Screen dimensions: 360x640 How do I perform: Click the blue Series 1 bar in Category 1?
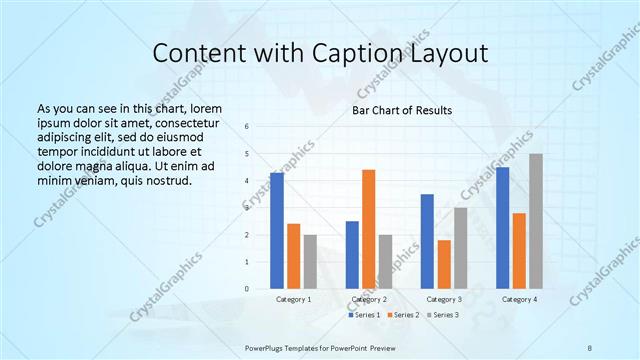click(x=277, y=231)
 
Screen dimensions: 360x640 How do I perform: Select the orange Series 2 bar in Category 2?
click(x=369, y=229)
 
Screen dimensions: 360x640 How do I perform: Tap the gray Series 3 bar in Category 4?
click(x=536, y=221)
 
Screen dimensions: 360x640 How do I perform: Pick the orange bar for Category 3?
click(x=444, y=264)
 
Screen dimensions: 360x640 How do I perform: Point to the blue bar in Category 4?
click(x=503, y=228)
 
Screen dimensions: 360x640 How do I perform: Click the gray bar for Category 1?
click(x=311, y=262)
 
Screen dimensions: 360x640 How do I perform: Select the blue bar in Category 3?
click(x=427, y=241)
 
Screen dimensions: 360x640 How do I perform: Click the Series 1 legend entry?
click(x=364, y=315)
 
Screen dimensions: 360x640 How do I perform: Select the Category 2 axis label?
click(x=369, y=299)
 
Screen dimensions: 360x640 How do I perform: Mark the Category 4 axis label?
click(x=519, y=299)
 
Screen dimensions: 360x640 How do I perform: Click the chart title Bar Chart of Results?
click(x=403, y=110)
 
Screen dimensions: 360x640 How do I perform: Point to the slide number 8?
click(x=590, y=346)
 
